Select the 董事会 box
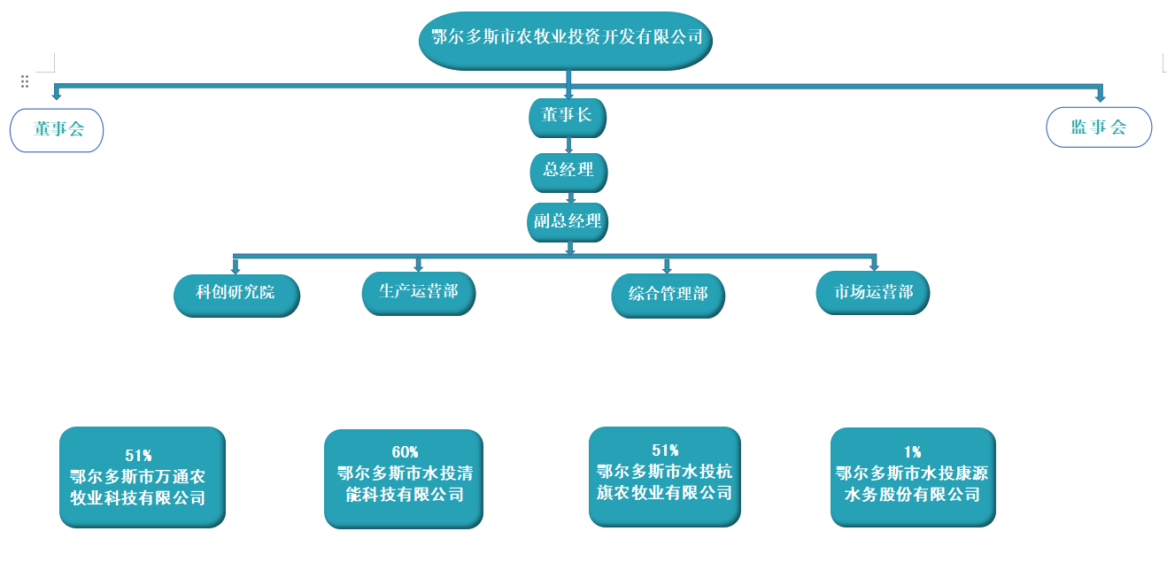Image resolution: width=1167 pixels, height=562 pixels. click(57, 129)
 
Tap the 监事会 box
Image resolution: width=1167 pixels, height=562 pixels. click(1099, 127)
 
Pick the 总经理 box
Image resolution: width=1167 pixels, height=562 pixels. click(568, 171)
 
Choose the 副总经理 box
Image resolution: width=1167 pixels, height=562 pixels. click(568, 221)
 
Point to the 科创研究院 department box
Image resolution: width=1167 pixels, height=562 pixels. click(236, 294)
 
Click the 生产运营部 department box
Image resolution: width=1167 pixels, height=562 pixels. click(419, 292)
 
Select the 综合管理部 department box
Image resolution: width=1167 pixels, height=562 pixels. click(669, 295)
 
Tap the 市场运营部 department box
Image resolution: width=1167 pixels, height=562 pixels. click(873, 292)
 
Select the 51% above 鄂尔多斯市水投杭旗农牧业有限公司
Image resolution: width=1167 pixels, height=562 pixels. click(665, 450)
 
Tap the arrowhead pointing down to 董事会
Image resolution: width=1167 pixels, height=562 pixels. click(57, 94)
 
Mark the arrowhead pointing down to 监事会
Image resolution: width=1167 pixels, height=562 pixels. click(1101, 96)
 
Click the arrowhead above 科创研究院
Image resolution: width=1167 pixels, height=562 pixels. click(236, 268)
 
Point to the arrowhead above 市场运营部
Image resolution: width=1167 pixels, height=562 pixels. click(874, 266)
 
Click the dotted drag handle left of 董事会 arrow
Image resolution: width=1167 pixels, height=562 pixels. click(25, 81)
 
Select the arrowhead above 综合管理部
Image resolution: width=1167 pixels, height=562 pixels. click(668, 268)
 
